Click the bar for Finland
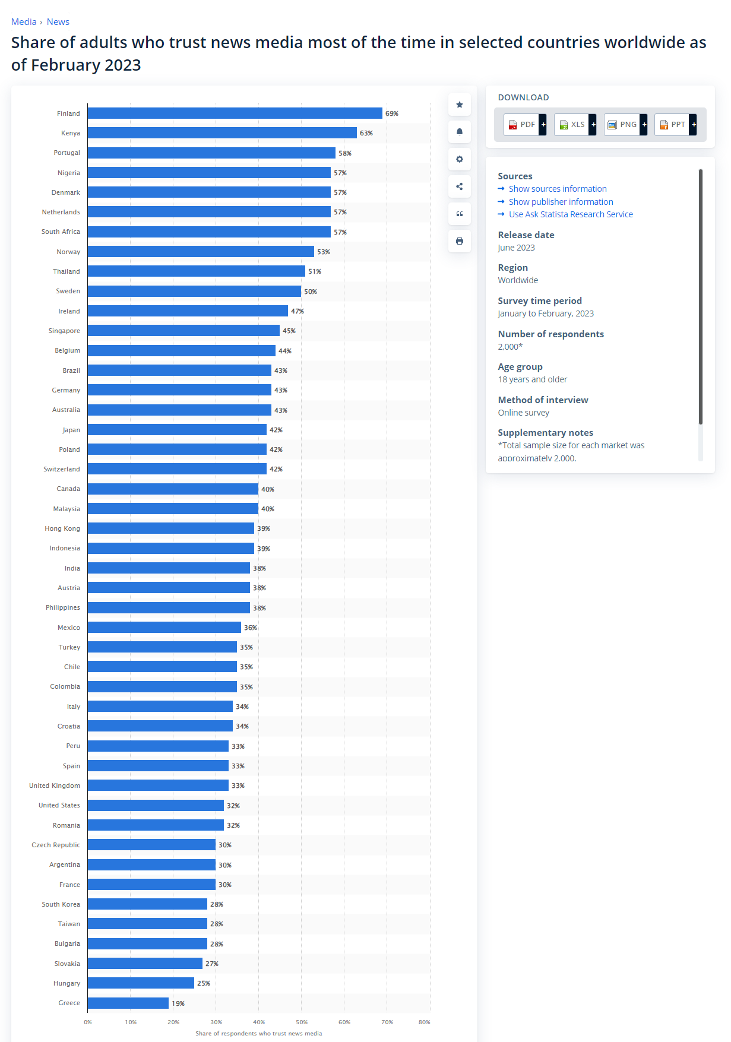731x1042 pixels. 235,113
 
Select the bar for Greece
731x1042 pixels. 128,1003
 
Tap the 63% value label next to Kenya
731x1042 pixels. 366,133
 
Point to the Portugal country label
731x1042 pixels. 67,153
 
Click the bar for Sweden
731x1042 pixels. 194,292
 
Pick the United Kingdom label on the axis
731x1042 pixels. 55,786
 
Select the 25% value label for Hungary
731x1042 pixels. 203,983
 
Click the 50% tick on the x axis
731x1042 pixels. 302,1022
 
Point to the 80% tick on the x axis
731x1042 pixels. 424,1022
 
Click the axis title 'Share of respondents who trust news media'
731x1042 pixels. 258,1033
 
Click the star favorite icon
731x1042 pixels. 460,104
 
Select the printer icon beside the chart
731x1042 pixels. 460,241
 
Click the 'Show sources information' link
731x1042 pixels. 557,189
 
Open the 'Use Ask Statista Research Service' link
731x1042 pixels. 570,214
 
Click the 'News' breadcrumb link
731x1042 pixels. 58,22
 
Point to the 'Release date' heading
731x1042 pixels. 526,235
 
